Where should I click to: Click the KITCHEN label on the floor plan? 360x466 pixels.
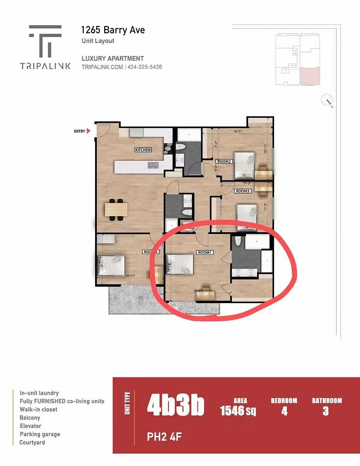[x=143, y=150]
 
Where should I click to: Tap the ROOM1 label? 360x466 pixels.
[x=204, y=252]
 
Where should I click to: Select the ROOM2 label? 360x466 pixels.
[x=224, y=162]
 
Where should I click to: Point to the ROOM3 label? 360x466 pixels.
[x=243, y=191]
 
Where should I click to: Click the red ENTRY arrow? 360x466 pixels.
[x=89, y=131]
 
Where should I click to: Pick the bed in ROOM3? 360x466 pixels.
[x=247, y=212]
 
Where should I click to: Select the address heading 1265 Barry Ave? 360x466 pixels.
[x=113, y=30]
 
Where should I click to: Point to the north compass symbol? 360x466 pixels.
[x=327, y=100]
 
